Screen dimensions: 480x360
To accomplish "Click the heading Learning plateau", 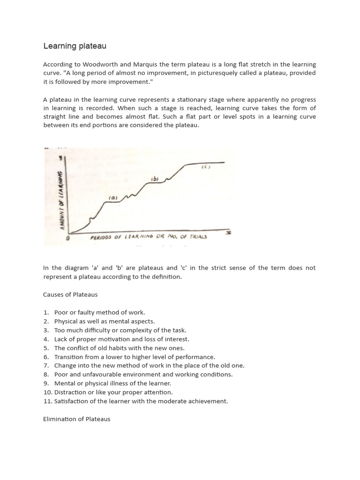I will click(x=75, y=46).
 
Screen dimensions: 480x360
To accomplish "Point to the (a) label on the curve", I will click(x=113, y=198).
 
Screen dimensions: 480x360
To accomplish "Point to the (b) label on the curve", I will click(x=155, y=179).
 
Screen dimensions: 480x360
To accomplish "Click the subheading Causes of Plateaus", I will click(x=70, y=295).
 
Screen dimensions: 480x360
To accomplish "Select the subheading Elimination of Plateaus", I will click(x=76, y=419).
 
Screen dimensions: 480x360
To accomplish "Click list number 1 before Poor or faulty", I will click(x=46, y=313).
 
